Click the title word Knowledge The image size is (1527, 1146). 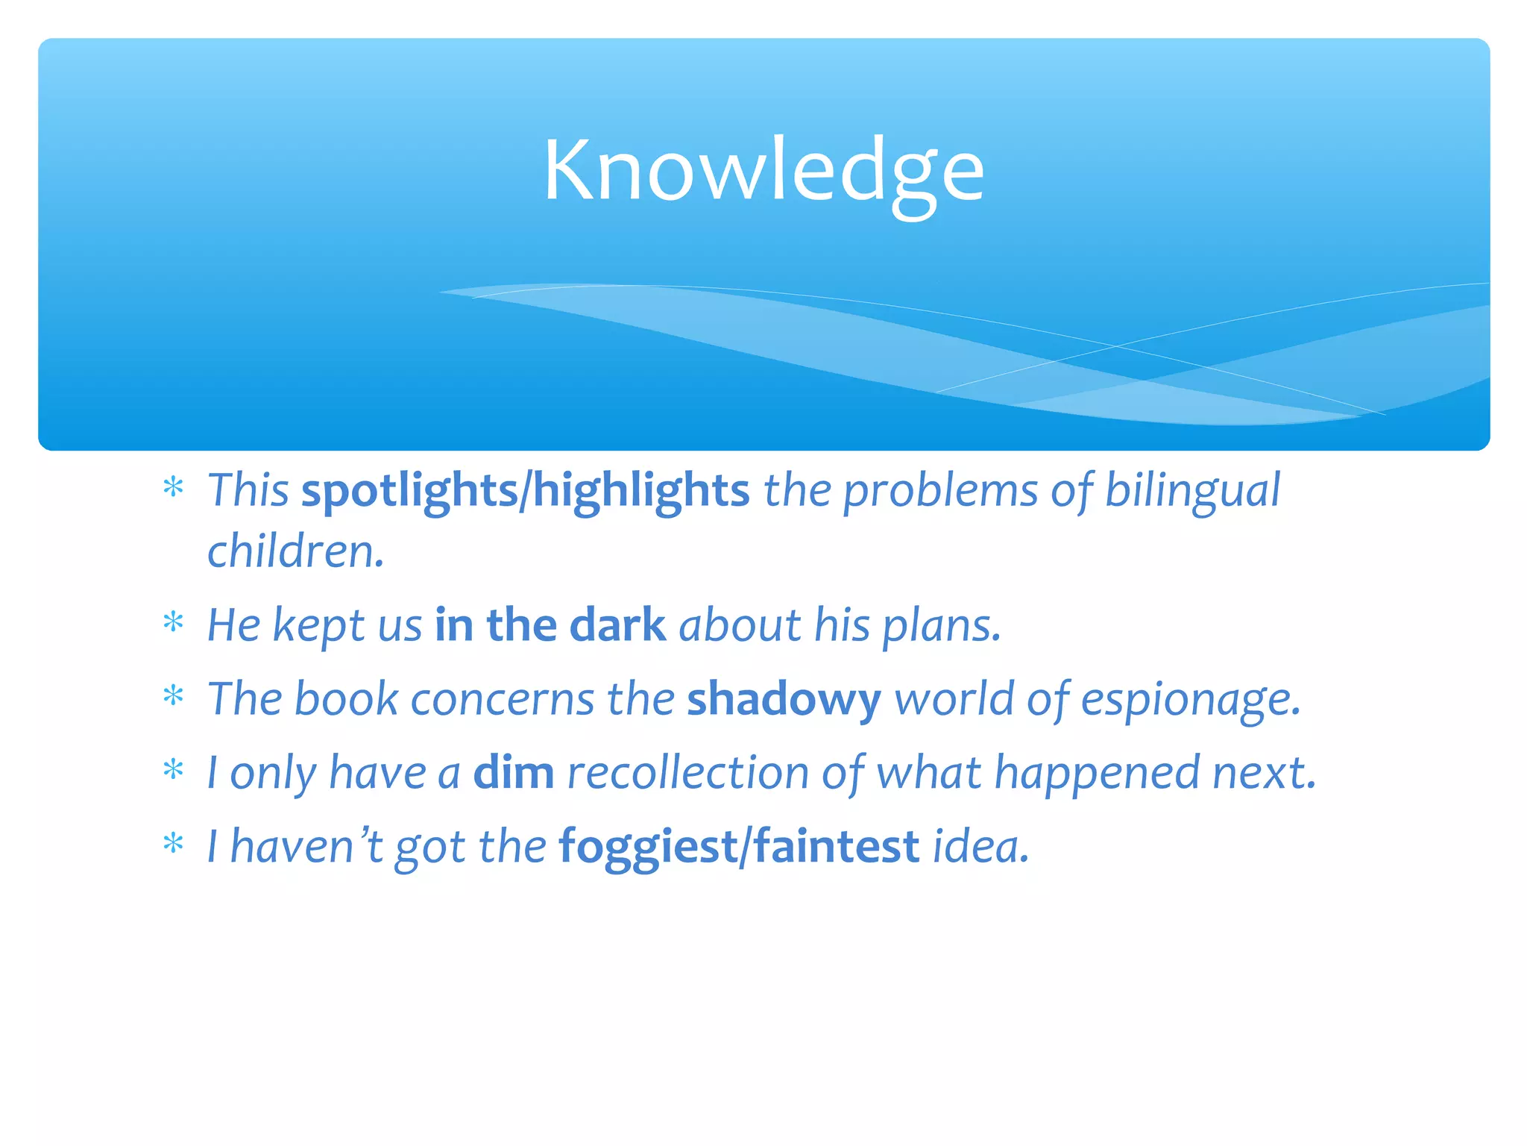(x=763, y=172)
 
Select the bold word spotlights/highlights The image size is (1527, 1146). (x=525, y=490)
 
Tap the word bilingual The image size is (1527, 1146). (x=1191, y=490)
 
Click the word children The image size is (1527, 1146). (x=295, y=551)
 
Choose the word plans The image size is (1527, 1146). (x=941, y=624)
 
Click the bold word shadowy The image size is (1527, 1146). (x=784, y=699)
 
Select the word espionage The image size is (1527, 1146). (x=1190, y=699)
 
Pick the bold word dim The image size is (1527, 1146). (x=514, y=772)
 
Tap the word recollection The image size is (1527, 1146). (x=687, y=772)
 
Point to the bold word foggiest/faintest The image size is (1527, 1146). (x=739, y=847)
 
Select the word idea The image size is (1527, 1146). (x=980, y=847)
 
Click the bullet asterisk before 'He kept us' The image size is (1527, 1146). (x=174, y=621)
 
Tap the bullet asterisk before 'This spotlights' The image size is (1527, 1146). (x=174, y=488)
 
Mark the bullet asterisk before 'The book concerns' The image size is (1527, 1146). (x=174, y=696)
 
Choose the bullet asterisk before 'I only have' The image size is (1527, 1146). (x=174, y=769)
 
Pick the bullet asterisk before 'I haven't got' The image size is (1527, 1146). (x=174, y=844)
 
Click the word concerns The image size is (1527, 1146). (x=502, y=699)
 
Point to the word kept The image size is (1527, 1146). (x=319, y=624)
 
